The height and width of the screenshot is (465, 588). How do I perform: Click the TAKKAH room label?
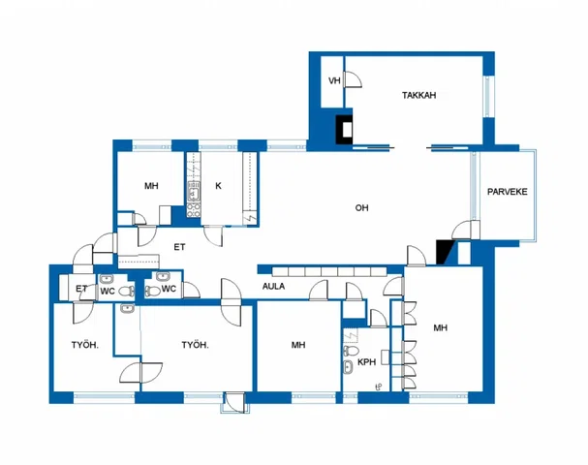(x=418, y=95)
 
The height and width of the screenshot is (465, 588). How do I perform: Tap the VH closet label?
(x=334, y=80)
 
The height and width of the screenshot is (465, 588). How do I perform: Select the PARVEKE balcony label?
(x=507, y=192)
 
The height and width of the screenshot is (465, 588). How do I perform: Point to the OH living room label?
(x=361, y=207)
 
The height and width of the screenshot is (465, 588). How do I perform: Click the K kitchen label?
(x=218, y=186)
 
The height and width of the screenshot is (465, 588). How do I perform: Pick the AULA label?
(x=273, y=287)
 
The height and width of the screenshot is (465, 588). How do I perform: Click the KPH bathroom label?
(x=366, y=362)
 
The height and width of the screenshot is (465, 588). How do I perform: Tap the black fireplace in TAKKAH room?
(x=344, y=130)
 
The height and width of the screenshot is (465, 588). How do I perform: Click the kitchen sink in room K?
(x=194, y=193)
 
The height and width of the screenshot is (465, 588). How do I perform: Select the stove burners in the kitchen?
(x=194, y=210)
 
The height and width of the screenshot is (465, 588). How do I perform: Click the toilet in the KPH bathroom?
(x=351, y=351)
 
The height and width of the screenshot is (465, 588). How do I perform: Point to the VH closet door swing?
(x=353, y=79)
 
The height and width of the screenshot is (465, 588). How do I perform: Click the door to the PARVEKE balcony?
(x=466, y=231)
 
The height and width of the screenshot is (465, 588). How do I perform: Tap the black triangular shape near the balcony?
(x=444, y=252)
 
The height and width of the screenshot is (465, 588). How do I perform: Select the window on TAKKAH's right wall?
(x=488, y=97)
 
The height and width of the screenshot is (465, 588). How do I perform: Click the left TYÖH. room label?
(x=85, y=345)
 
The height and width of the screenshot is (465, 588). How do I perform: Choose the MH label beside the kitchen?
(x=151, y=186)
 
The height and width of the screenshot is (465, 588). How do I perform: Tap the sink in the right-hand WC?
(x=163, y=277)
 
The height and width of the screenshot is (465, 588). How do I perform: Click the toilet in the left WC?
(x=126, y=291)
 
